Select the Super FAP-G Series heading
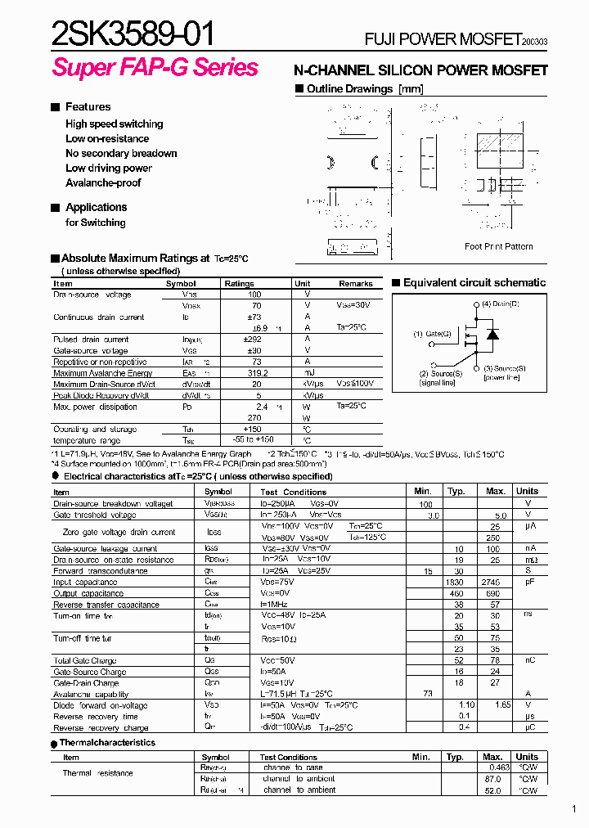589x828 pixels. (155, 68)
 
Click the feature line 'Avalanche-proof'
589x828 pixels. (103, 182)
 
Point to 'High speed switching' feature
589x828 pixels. (114, 124)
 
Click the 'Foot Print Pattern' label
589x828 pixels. (498, 246)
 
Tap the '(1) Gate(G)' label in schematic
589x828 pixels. (432, 334)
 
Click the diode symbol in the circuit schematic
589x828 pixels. (492, 334)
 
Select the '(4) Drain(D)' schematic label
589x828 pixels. (500, 304)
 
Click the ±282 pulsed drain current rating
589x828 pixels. (252, 339)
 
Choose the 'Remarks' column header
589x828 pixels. (356, 283)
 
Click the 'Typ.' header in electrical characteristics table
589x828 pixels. (456, 491)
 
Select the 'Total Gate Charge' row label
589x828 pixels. (85, 660)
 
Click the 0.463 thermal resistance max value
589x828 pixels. (497, 767)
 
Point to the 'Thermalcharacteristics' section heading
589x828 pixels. (107, 743)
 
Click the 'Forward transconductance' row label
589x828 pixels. (101, 571)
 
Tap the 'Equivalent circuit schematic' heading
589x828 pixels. (474, 282)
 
